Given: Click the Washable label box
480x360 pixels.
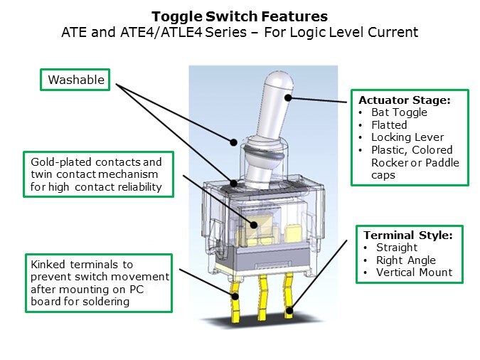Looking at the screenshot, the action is (x=75, y=80).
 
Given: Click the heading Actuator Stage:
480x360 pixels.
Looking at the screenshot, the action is (x=405, y=100).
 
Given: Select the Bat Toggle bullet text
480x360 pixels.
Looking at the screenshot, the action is (x=399, y=112).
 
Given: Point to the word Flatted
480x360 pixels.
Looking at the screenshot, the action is (x=389, y=125).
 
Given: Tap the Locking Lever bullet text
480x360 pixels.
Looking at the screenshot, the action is (x=407, y=137).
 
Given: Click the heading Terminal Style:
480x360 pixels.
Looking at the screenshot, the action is (x=408, y=235).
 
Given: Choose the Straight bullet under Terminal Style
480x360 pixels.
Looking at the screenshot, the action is (x=397, y=248).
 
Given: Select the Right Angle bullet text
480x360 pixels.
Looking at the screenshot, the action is (x=406, y=260).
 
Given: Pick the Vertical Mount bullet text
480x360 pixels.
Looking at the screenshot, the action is (x=414, y=272).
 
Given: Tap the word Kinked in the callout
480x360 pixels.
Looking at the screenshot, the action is (x=48, y=264).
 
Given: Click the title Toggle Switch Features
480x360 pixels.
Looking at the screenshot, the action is (x=240, y=16).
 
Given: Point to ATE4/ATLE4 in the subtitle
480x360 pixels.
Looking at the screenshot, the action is (x=161, y=32).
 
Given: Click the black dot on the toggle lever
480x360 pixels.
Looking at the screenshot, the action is (x=288, y=97).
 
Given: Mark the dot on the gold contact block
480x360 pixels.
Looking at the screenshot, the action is (x=253, y=225).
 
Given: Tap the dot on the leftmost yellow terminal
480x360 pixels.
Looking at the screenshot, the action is (x=235, y=296).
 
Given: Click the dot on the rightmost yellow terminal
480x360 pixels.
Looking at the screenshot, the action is (x=289, y=311).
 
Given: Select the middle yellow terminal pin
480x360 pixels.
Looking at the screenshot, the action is (x=262, y=298).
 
